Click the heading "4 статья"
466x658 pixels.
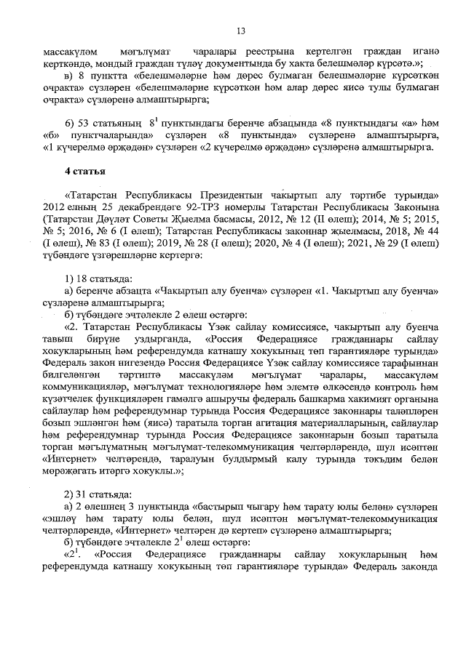tap(86, 172)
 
